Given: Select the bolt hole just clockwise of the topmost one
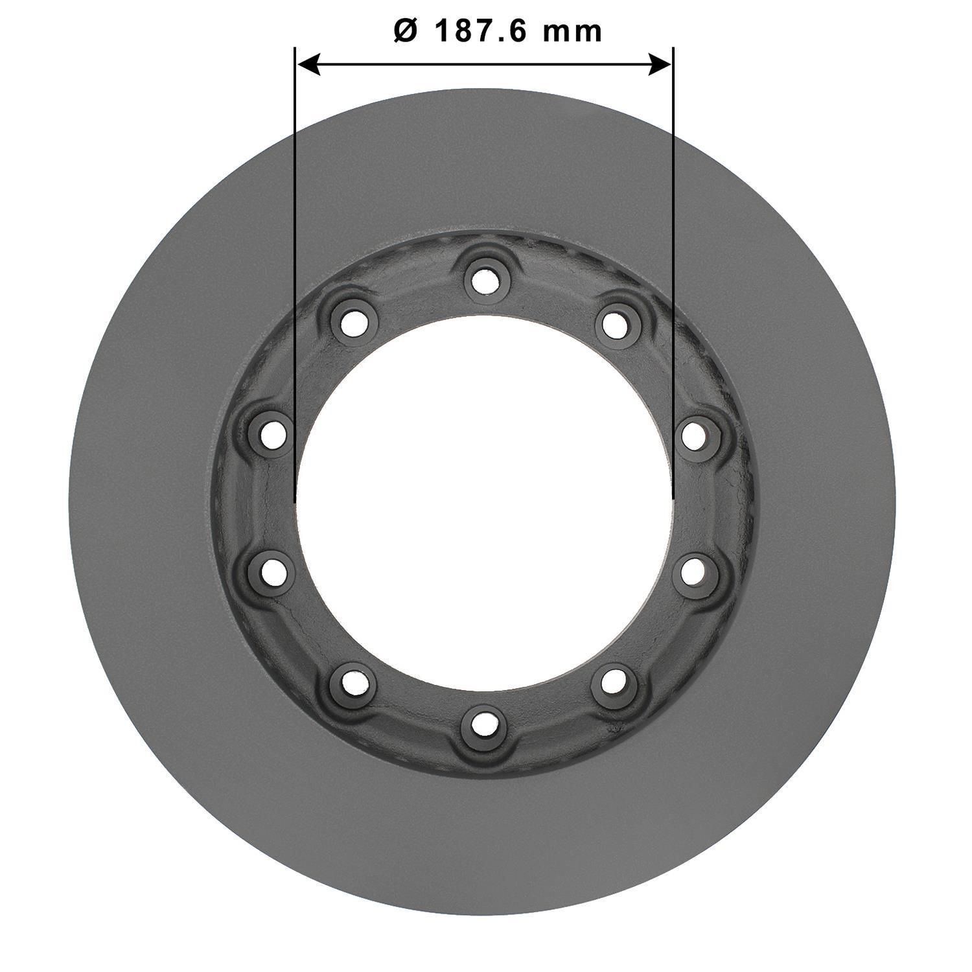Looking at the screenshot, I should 614,323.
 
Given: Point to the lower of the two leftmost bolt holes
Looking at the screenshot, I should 271,570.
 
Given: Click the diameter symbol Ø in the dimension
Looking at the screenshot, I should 406,31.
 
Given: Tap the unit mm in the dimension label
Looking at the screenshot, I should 573,31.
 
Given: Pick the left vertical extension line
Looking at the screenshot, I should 295,259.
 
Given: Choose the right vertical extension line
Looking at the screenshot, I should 673,259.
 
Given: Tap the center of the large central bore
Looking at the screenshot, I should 483,502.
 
